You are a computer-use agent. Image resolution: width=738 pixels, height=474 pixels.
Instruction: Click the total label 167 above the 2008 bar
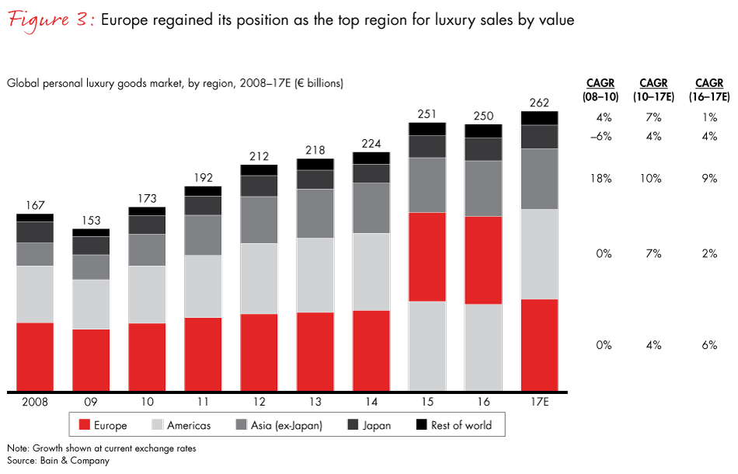point(35,205)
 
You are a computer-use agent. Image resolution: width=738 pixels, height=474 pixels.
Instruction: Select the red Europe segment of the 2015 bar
point(427,256)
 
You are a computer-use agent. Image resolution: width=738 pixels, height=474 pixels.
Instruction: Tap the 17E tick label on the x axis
point(539,403)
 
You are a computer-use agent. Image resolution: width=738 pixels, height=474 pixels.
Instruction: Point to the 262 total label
point(539,103)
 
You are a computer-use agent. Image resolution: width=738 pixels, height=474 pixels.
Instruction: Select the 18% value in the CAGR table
point(602,179)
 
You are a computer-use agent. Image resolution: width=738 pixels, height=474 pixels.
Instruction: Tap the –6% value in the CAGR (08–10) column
point(602,138)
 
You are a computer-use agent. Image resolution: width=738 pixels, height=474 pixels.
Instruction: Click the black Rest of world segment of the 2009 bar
point(91,232)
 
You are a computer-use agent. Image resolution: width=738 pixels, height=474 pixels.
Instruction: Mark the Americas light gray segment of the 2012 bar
point(259,278)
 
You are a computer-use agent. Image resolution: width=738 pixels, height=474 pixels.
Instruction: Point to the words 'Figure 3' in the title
point(46,19)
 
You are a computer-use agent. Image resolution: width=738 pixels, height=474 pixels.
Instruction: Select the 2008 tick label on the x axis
point(35,403)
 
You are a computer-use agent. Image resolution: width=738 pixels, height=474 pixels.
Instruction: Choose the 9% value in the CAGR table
point(708,179)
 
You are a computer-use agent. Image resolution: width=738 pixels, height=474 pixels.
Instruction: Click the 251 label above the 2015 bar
point(427,114)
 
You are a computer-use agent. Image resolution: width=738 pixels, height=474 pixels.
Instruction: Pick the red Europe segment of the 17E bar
point(539,344)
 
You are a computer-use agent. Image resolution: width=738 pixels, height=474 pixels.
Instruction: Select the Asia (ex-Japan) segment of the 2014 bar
point(371,207)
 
